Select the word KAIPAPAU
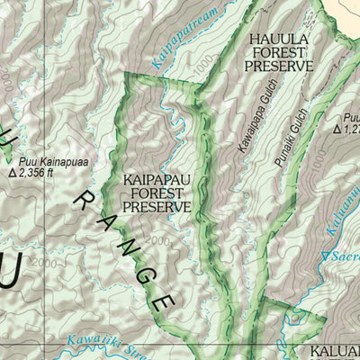click(157, 179)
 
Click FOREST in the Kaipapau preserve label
click(157, 193)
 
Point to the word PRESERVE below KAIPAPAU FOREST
click(157, 206)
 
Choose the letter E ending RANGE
click(162, 302)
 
